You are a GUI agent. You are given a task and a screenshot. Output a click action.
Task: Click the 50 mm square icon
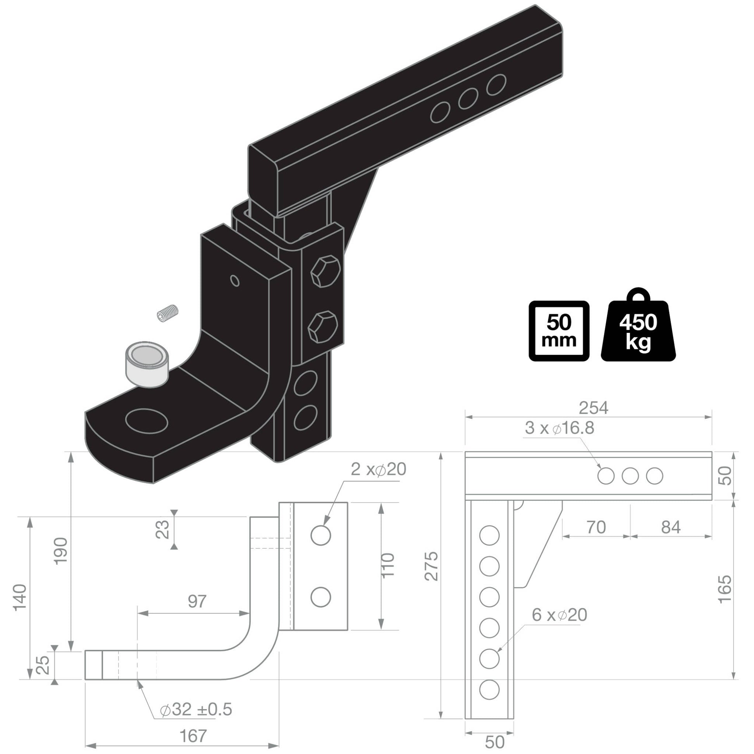558,331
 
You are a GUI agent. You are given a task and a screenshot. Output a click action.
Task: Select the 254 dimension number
593,408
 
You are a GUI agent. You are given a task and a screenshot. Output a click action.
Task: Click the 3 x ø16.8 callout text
559,428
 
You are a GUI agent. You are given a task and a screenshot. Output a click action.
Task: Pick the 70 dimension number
596,527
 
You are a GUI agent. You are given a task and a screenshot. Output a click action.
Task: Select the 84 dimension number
671,527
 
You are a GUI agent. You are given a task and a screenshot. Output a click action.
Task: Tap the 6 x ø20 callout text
559,615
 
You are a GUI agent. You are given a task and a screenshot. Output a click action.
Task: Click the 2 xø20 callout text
378,469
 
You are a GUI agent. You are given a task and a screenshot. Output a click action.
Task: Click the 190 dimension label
62,551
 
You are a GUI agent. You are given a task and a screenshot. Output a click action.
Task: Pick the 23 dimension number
164,529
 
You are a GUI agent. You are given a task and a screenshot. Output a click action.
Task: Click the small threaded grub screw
167,313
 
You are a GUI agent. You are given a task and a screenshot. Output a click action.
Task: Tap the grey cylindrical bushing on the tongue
147,364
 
